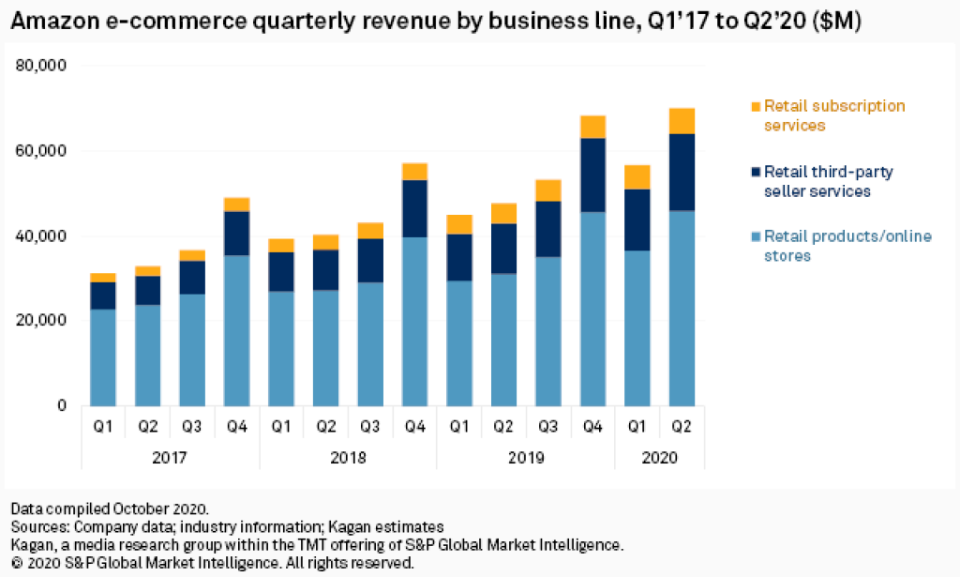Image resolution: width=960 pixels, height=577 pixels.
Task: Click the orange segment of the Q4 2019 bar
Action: (592, 127)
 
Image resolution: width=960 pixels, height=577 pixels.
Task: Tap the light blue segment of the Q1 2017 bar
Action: (102, 357)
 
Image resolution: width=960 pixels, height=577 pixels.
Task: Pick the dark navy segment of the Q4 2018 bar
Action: (415, 208)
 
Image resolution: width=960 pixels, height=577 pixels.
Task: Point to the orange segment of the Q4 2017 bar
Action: (237, 205)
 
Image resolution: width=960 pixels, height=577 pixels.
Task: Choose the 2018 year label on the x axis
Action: (349, 459)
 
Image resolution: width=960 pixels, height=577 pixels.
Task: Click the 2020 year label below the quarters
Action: (659, 459)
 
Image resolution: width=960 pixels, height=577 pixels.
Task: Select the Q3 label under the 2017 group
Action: (191, 427)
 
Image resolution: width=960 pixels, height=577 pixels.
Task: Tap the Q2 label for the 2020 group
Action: (682, 427)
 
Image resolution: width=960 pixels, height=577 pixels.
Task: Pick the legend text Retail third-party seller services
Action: (827, 181)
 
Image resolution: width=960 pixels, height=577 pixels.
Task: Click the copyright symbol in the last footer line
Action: (17, 563)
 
